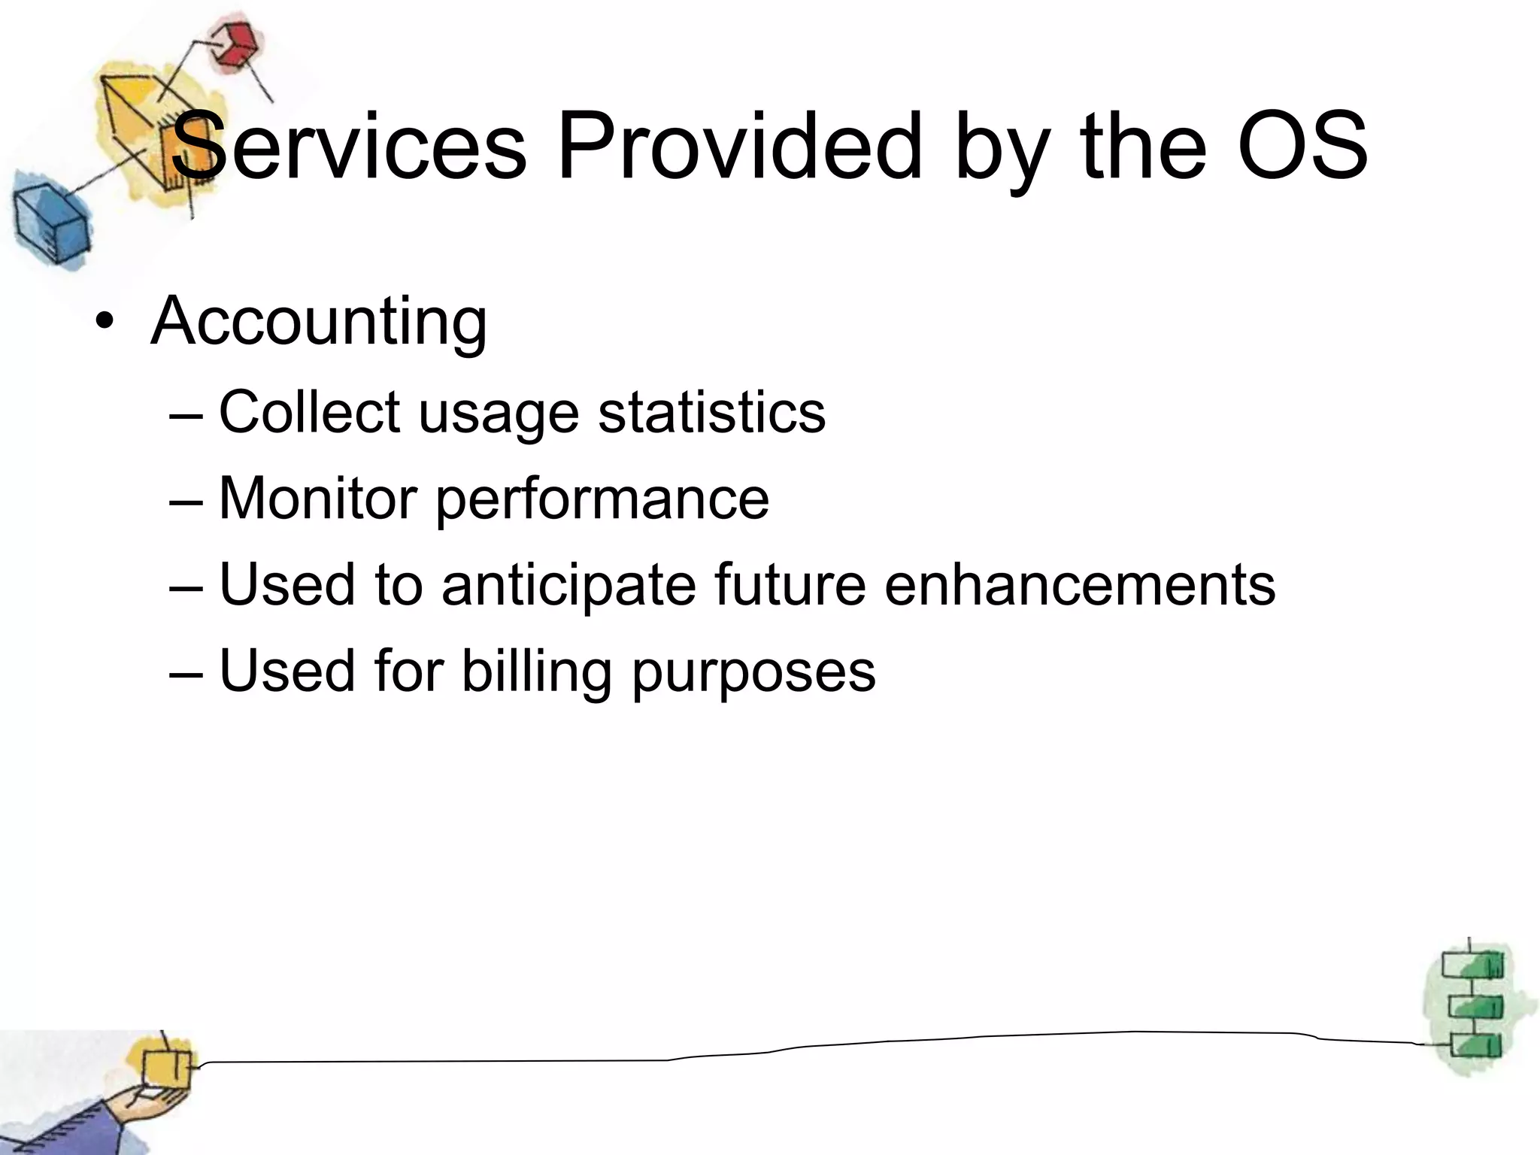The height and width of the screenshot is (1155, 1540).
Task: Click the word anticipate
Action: [569, 586]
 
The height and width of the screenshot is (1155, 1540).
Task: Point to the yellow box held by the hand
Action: [166, 1067]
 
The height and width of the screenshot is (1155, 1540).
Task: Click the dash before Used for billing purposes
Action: [186, 672]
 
